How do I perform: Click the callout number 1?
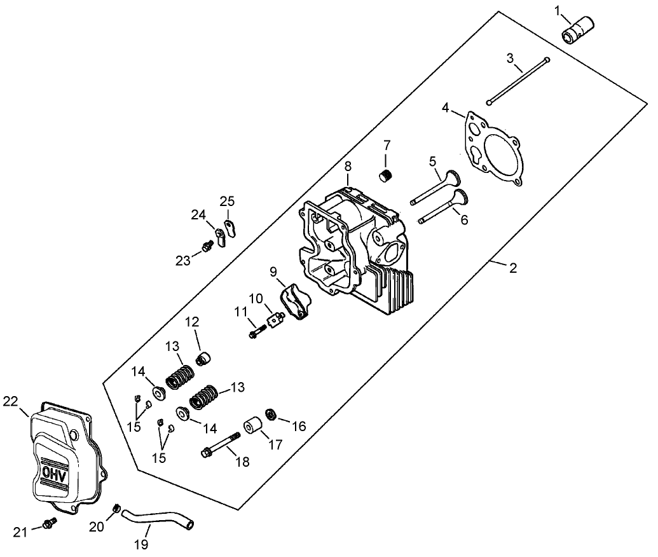[558, 11]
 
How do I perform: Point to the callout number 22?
[10, 401]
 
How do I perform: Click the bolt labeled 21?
[48, 523]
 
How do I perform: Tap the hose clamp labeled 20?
[116, 508]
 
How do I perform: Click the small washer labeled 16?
[270, 415]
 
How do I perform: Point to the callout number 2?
[512, 268]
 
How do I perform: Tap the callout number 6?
[463, 219]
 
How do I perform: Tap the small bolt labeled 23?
[205, 245]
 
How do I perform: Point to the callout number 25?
[227, 202]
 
